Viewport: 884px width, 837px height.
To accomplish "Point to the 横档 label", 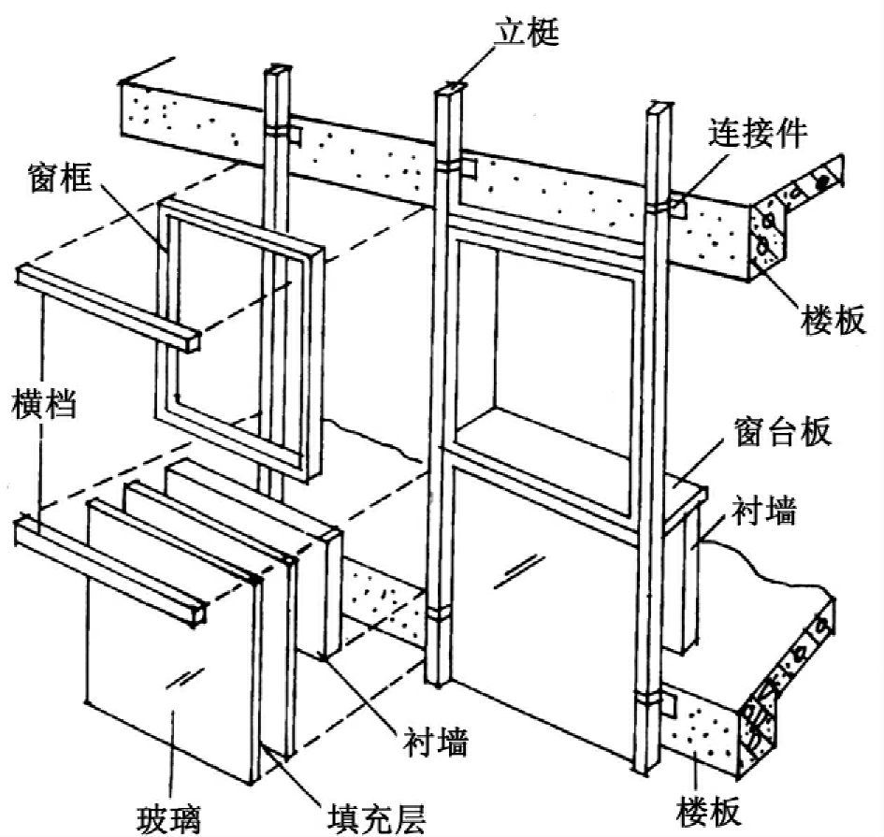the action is click(x=44, y=402).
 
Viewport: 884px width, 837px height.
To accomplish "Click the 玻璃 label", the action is click(x=169, y=817).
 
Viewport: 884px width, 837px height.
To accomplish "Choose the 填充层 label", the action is click(x=377, y=817).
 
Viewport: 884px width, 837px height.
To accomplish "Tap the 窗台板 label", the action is click(x=783, y=431).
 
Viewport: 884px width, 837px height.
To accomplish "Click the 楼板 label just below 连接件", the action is click(x=833, y=320).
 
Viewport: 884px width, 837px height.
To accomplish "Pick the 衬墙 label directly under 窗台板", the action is click(x=764, y=511).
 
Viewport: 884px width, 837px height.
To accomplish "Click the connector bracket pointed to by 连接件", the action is click(x=678, y=205).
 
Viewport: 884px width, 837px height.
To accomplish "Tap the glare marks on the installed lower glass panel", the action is click(x=519, y=572).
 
